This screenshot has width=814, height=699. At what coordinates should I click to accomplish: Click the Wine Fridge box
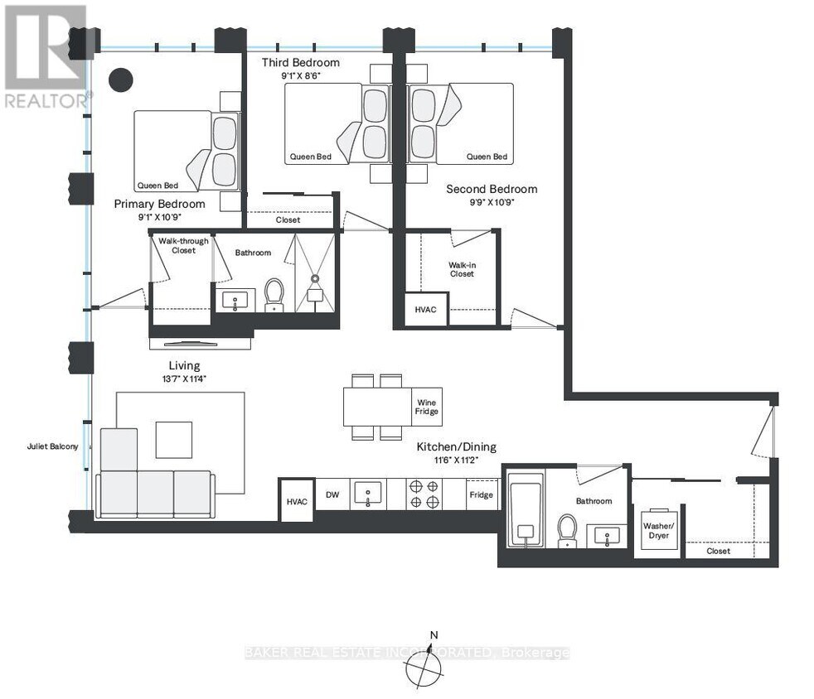pos(426,407)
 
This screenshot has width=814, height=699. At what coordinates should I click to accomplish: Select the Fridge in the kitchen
pos(481,495)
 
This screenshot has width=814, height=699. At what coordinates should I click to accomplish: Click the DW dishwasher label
pos(332,495)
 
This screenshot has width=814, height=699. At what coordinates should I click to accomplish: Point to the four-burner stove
pos(424,494)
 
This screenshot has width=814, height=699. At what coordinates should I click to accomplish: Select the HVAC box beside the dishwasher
pos(296,501)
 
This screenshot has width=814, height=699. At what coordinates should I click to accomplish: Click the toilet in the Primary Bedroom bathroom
pos(274,294)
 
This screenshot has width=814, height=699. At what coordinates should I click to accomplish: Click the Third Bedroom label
pos(301,63)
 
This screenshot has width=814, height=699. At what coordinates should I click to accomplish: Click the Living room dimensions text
pos(184,379)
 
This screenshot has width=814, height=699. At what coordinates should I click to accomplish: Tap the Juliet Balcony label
pos(52,447)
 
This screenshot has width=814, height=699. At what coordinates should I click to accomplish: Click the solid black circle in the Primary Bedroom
pos(122,80)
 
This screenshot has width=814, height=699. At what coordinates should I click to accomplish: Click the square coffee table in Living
pos(174,439)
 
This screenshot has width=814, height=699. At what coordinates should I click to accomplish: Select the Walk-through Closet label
pos(183,245)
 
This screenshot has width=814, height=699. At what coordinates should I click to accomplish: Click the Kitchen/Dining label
pos(456,447)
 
